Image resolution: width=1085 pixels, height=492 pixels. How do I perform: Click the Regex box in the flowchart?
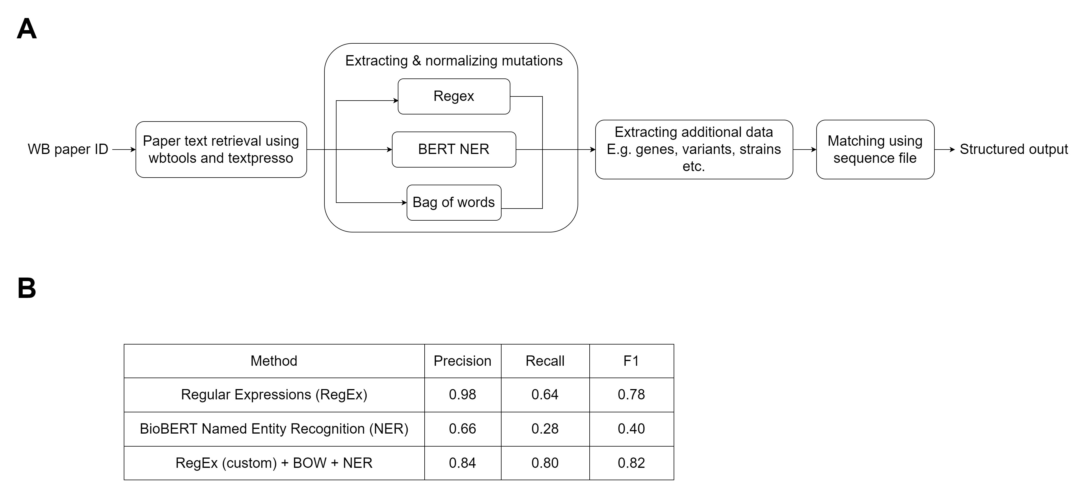point(454,96)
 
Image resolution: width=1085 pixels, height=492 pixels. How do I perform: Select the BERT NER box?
point(454,149)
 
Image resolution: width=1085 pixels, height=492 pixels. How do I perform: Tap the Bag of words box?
point(454,202)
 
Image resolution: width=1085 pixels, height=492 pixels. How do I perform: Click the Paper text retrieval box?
point(221,149)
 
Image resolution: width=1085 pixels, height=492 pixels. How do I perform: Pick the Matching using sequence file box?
point(875,149)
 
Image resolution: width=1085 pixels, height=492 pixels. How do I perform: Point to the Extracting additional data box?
point(694,149)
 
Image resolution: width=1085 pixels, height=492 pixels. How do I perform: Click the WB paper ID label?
point(68,149)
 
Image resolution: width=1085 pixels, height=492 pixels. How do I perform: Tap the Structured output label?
point(1014,149)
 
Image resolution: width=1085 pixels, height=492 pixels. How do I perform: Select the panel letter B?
point(27,288)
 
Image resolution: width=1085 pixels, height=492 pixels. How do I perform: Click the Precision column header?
point(462,361)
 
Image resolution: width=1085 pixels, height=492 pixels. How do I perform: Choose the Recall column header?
point(545,361)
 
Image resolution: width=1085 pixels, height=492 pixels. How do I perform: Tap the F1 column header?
point(631,361)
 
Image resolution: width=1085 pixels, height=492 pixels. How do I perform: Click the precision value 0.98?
point(462,395)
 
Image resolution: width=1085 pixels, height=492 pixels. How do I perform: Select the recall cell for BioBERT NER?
point(545,429)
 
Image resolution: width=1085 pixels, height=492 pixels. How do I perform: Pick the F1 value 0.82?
point(631,463)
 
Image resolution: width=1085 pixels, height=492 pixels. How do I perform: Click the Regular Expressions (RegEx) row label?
point(274,395)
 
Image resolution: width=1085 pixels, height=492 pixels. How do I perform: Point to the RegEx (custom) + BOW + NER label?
point(274,463)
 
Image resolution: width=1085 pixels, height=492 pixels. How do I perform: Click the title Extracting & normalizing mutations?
point(454,61)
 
